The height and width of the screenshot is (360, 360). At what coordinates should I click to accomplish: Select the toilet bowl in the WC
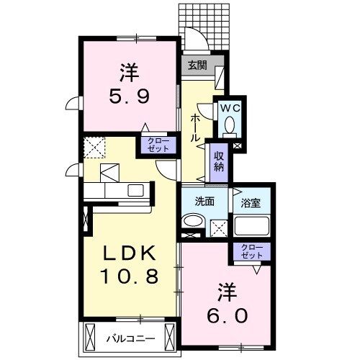pyautogui.click(x=229, y=127)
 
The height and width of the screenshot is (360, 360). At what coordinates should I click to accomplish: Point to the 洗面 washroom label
pyautogui.click(x=204, y=202)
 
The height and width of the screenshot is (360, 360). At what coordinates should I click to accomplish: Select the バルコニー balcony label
pyautogui.click(x=128, y=336)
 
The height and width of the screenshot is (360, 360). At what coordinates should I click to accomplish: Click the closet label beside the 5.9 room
pyautogui.click(x=156, y=144)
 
